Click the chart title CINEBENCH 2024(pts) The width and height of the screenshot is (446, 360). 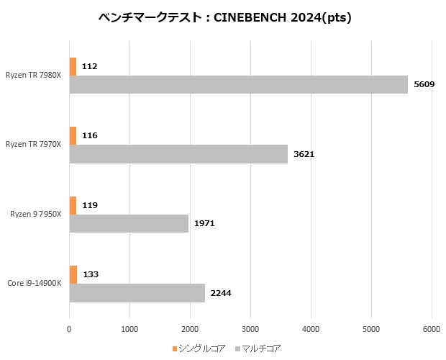pos(224,18)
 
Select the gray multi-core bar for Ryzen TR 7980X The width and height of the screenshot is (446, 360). pos(238,85)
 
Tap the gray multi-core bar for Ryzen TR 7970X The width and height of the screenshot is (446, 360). pos(178,154)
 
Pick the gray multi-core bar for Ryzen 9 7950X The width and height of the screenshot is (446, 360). pos(129,223)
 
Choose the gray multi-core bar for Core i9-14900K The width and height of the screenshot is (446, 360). pos(137,293)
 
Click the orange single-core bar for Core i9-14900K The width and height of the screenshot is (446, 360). pos(73,274)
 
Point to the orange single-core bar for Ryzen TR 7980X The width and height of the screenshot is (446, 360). pos(73,66)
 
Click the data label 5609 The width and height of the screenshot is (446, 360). pos(424,85)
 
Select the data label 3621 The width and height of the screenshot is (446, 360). pos(304,154)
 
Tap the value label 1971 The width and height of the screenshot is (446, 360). pos(204,223)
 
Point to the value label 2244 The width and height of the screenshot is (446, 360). pos(221,293)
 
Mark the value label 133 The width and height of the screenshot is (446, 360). pos(91,274)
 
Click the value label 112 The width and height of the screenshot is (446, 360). pos(89,66)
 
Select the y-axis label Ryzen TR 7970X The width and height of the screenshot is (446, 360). pos(33,144)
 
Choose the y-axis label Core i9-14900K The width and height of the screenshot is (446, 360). pos(34,283)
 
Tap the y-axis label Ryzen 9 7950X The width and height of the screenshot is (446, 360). pos(35,214)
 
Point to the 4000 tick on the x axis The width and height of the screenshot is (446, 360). pos(311,329)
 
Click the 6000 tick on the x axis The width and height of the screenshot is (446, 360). pos(432,329)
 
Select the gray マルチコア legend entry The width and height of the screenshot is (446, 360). pos(257,348)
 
